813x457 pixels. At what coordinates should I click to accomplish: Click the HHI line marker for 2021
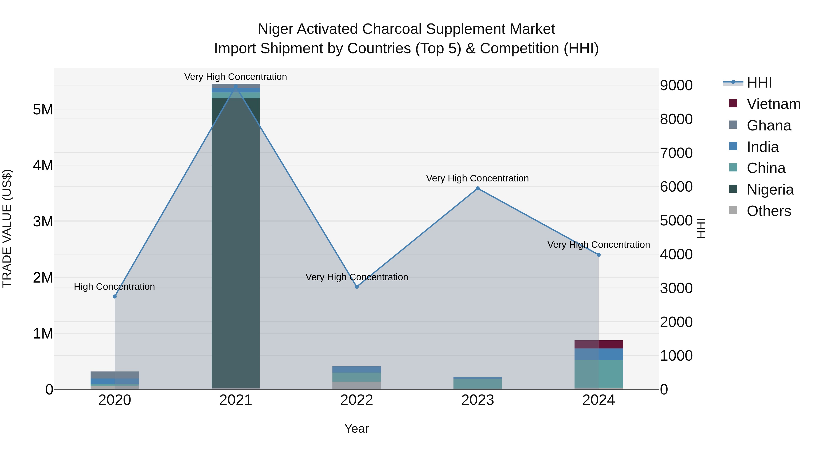coord(236,86)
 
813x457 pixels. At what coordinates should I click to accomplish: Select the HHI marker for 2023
coord(477,188)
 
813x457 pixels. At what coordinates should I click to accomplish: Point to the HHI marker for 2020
coord(114,297)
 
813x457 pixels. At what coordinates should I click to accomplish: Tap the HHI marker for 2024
coord(598,255)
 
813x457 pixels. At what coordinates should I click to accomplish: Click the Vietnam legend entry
coord(773,104)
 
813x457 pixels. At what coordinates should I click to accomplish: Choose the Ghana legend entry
coord(769,125)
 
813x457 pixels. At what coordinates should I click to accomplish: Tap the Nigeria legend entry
coord(770,190)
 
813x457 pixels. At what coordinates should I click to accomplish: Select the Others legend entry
coord(769,211)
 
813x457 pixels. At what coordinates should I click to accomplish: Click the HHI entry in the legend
coord(759,83)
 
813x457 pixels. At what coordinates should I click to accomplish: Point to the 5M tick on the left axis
coord(43,110)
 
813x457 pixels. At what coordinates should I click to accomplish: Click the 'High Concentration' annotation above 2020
coord(114,287)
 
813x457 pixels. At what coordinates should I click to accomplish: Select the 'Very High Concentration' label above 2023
coord(477,178)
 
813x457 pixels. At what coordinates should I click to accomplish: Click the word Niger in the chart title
coord(275,29)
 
